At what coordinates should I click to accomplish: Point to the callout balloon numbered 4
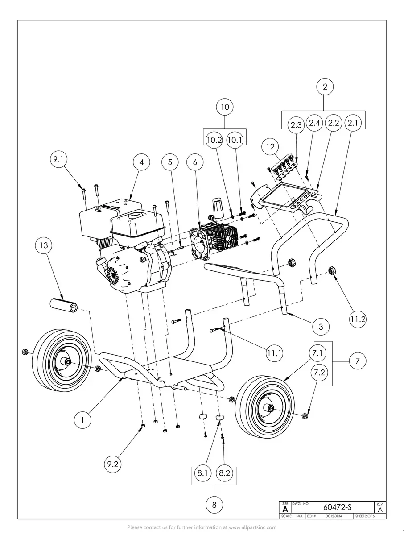[142, 162]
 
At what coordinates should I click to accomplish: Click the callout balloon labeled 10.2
[214, 140]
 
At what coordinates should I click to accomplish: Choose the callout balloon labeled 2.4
[315, 124]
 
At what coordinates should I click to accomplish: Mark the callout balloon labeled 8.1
[203, 473]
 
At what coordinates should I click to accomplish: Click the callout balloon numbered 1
[82, 419]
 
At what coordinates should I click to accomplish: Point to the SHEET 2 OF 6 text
[364, 516]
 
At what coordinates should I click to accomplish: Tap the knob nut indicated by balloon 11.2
[332, 270]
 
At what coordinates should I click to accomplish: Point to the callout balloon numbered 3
[321, 327]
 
